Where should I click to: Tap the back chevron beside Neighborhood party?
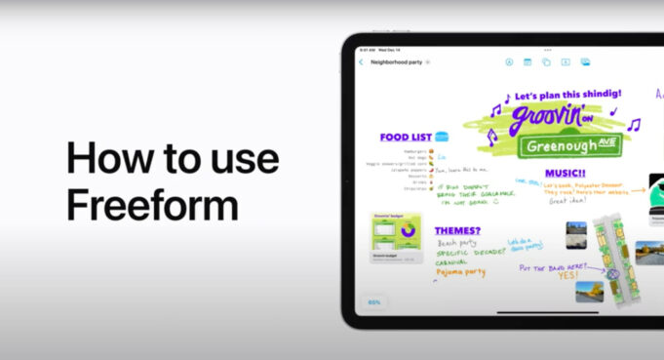[x=361, y=62]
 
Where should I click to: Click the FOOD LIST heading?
[x=406, y=138]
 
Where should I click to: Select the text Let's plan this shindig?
[x=565, y=95]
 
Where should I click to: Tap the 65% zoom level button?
[x=374, y=302]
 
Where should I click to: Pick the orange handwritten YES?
[x=567, y=274]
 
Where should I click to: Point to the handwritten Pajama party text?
[x=460, y=272]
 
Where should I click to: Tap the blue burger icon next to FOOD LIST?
[x=442, y=137]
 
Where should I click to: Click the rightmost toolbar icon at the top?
[x=585, y=61]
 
